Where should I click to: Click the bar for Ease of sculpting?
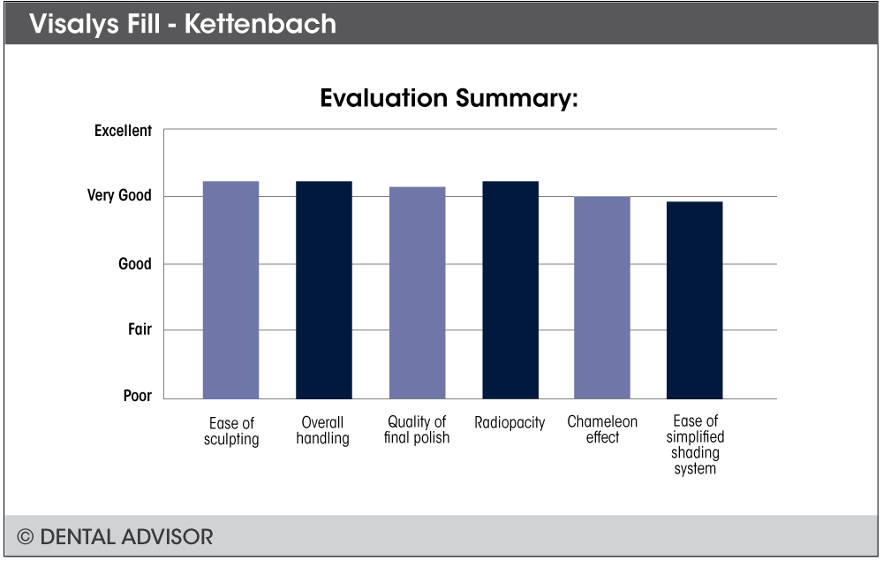coord(230,290)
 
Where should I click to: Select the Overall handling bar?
coord(324,290)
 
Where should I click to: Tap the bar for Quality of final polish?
coord(418,293)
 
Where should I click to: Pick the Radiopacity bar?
coord(510,290)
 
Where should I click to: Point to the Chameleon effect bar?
coord(602,298)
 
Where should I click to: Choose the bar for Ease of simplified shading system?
coord(694,300)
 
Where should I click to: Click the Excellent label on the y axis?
coord(123,131)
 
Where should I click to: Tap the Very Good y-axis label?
coord(119,195)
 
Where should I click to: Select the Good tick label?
coord(134,263)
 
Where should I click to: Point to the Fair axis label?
coord(140,329)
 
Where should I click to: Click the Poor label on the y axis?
coord(138,396)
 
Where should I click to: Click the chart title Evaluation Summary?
coord(449,98)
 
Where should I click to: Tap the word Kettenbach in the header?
coord(260,24)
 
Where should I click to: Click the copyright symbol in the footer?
coord(25,537)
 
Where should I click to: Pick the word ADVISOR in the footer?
coord(166,537)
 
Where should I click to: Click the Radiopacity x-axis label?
coord(509,422)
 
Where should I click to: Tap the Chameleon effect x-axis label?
coord(602,429)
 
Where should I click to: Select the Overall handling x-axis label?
coord(322,430)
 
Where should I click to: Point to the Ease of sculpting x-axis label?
coord(231,431)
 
